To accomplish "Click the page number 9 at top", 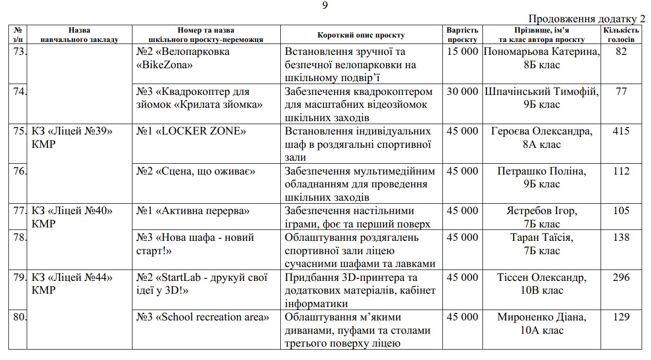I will pos(325,5).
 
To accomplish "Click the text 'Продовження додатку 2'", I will pos(587,19).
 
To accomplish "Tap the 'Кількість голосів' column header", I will pos(621,35).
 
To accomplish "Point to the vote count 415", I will pos(621,131).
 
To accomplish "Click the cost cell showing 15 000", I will pos(462,51).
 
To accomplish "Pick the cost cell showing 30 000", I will pos(462,91).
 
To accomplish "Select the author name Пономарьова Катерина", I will pos(541,51).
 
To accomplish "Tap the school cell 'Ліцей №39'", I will pos(72,131).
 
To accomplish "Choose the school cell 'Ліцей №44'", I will pos(72,277).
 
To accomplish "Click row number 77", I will pos(19,211).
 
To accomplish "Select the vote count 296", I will pos(621,277).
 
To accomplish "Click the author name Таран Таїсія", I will pos(541,237).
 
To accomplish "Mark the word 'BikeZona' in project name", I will pos(165,65).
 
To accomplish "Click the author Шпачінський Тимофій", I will pos(541,91).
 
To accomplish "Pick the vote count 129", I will pos(621,317).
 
